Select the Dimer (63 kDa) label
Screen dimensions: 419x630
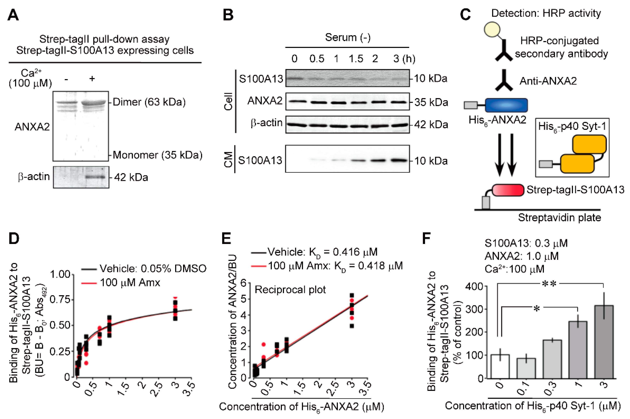point(149,102)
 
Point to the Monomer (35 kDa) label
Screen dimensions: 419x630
point(157,155)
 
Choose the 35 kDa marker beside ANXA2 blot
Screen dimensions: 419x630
point(431,102)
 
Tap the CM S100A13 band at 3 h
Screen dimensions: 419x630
point(399,160)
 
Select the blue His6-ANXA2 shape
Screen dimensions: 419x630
point(506,105)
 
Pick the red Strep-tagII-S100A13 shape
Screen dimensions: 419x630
point(508,190)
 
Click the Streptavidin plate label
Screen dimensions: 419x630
point(559,218)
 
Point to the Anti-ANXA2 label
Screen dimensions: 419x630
point(548,81)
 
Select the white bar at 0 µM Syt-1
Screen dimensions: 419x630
point(500,366)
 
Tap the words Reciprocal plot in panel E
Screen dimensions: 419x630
point(290,290)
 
